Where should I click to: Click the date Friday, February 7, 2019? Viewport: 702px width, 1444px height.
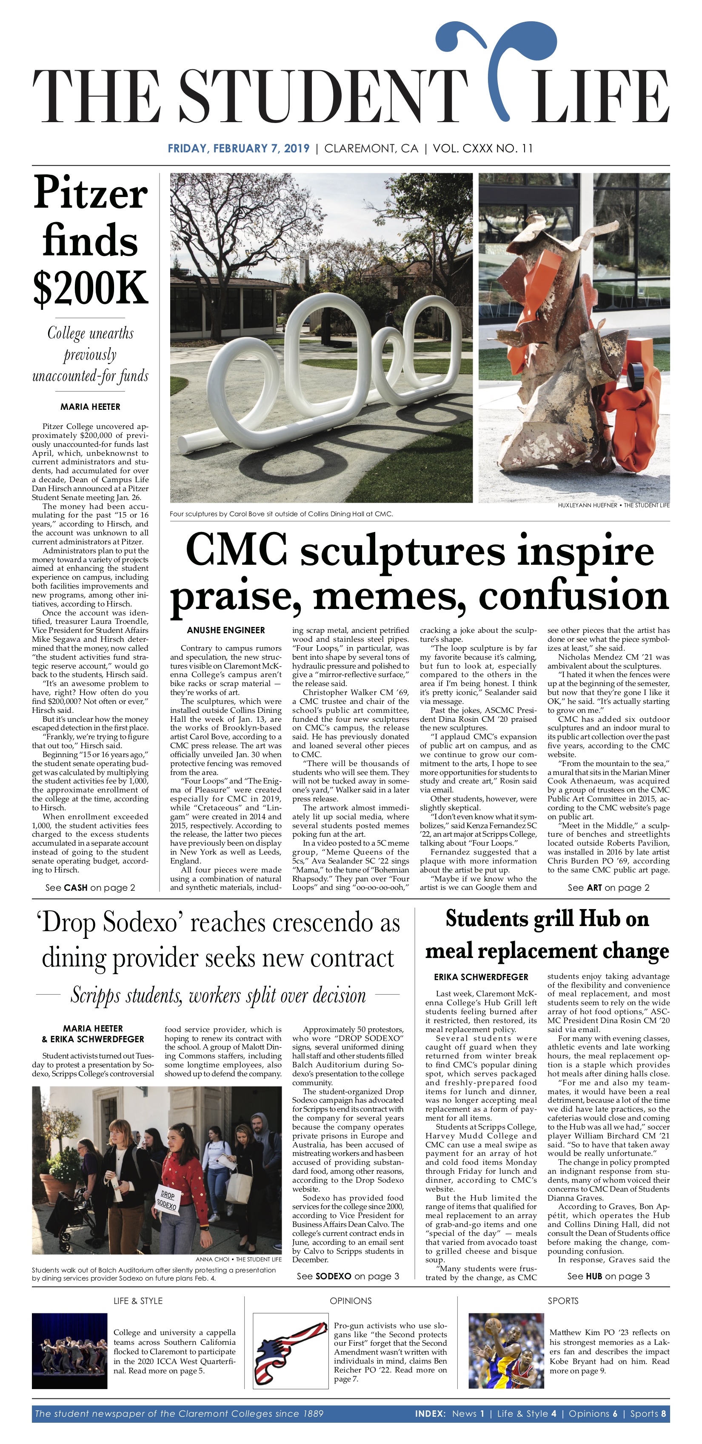[x=238, y=149]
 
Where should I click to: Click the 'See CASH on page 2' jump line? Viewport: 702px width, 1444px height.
[x=90, y=887]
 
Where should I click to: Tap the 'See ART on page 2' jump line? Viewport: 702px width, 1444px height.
[x=608, y=887]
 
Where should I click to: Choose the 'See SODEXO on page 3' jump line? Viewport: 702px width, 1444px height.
[x=347, y=1276]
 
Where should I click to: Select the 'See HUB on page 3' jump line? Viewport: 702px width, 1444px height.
[x=608, y=1276]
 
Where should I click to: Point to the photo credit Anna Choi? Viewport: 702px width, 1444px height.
[x=238, y=1259]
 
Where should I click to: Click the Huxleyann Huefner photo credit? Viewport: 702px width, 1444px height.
[x=613, y=505]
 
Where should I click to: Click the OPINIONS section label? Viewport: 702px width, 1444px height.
[x=350, y=1301]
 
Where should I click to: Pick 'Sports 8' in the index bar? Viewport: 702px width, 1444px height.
[x=648, y=1413]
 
